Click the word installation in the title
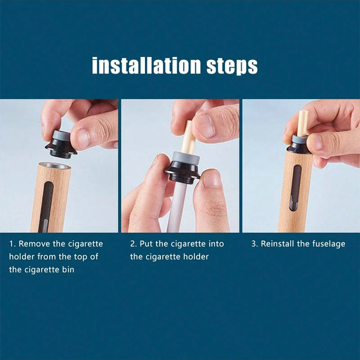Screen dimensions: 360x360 (x=147, y=66)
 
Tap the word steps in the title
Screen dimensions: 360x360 (x=232, y=66)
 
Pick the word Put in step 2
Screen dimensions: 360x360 (x=146, y=244)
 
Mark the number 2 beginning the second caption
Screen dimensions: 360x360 (x=132, y=244)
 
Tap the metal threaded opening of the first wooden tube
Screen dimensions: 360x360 (x=54, y=166)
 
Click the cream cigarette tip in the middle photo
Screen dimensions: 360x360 (x=188, y=139)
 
